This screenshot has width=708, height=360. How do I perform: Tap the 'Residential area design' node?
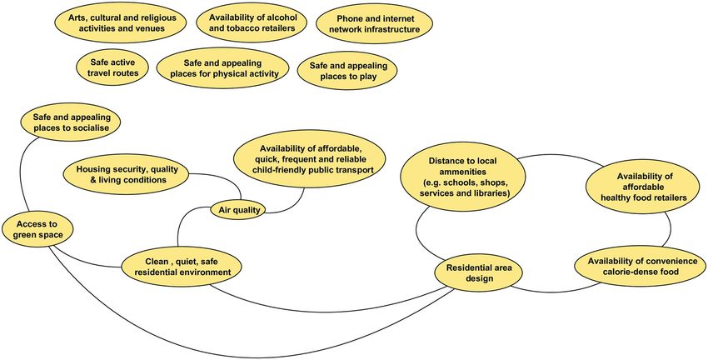tap(481, 273)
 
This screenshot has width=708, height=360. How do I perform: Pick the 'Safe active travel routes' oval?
tap(107, 67)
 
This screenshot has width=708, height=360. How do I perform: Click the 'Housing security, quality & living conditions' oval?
tap(125, 173)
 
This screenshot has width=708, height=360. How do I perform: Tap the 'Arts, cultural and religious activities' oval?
tap(118, 22)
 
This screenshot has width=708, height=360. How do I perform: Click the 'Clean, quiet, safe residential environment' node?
tap(182, 267)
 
